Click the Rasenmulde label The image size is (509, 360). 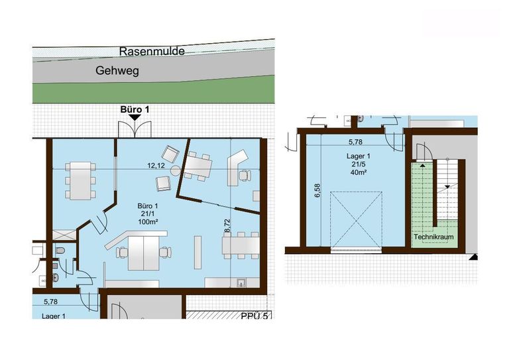[x=152, y=51]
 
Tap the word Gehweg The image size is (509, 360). [x=117, y=70]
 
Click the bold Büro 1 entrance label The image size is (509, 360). [x=135, y=109]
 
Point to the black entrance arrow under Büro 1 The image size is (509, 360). [x=135, y=117]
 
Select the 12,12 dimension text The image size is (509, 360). [x=156, y=166]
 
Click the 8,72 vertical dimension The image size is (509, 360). [x=227, y=225]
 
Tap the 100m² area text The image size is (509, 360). [x=148, y=221]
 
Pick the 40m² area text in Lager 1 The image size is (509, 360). [x=359, y=172]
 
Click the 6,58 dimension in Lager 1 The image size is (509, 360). [x=317, y=190]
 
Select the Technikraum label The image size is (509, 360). [x=433, y=237]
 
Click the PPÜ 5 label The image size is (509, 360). [x=254, y=316]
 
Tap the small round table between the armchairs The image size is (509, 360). [x=176, y=171]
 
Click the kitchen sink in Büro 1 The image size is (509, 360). [x=241, y=282]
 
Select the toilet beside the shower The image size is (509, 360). [x=60, y=251]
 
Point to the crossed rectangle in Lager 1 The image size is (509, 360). [x=356, y=219]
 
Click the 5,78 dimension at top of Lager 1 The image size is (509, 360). [x=355, y=142]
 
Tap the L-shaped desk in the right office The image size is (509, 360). [x=237, y=167]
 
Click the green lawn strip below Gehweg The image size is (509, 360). [x=153, y=91]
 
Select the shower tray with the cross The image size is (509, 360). [x=64, y=235]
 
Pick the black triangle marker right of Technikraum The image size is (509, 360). [x=474, y=257]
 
